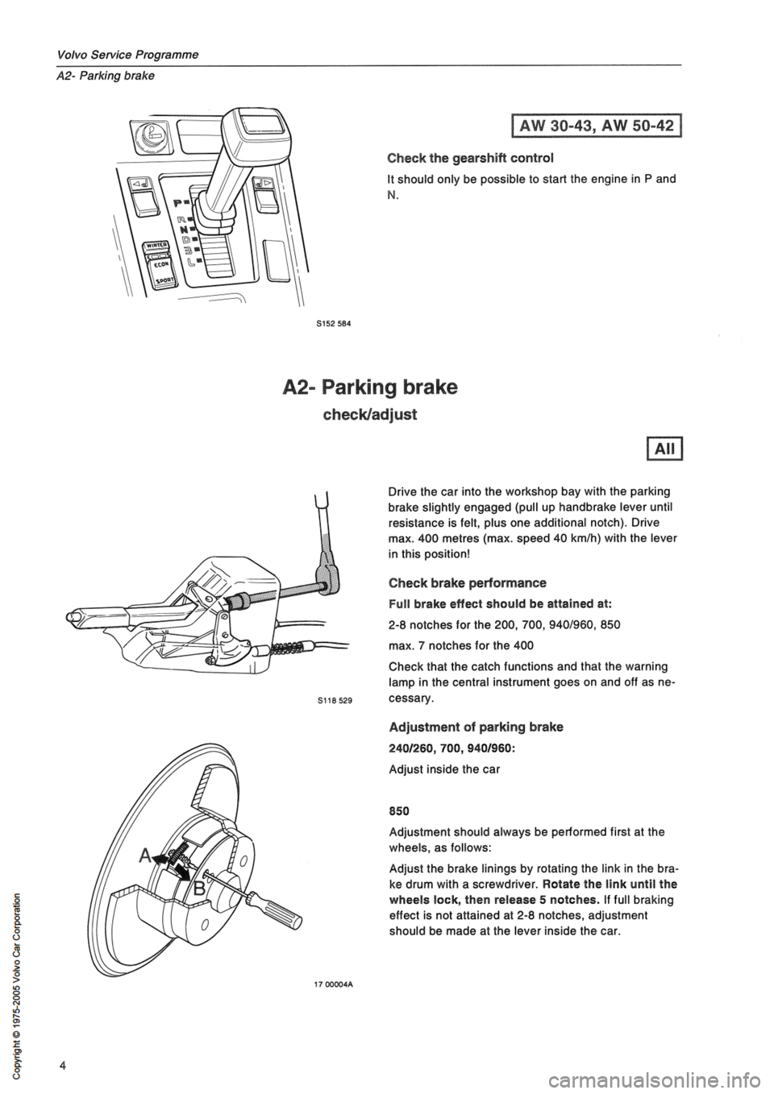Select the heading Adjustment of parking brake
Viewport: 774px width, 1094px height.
(x=476, y=727)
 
